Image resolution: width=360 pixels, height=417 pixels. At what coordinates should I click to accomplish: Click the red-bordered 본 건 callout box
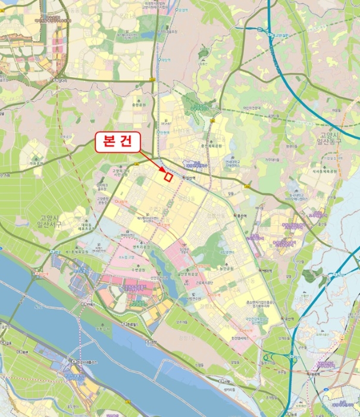(117, 144)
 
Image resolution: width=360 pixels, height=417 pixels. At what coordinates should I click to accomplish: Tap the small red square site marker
(168, 176)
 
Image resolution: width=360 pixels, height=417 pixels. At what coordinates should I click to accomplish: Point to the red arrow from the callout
(153, 161)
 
